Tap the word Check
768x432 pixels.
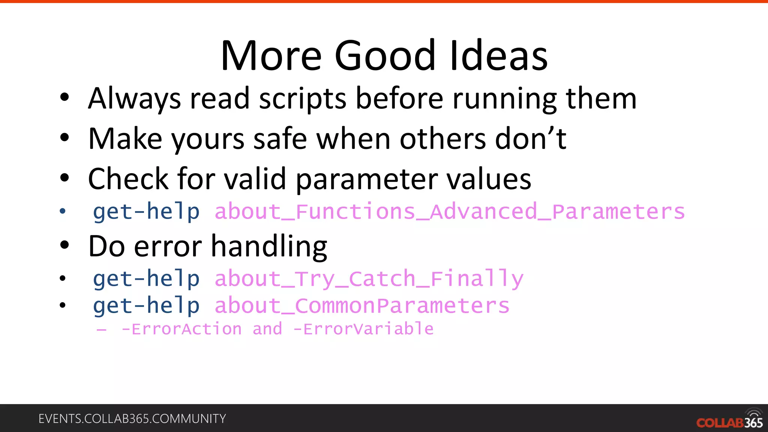click(128, 179)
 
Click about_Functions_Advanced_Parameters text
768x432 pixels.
click(449, 212)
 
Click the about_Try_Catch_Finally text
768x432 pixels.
click(369, 279)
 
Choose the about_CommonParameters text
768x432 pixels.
click(362, 306)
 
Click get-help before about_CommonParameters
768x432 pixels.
click(146, 306)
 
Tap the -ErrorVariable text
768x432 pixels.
click(363, 329)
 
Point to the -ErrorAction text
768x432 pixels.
click(181, 329)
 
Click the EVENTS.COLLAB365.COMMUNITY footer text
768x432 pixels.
click(132, 418)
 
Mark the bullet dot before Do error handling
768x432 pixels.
click(64, 245)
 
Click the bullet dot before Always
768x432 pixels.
click(64, 97)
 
